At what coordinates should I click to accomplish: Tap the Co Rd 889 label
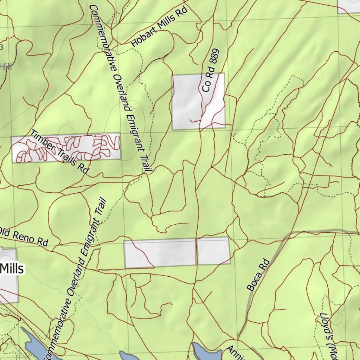click(x=211, y=70)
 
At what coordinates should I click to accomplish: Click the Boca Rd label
click(x=258, y=275)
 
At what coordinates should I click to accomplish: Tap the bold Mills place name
click(x=12, y=269)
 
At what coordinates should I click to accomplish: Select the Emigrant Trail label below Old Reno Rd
click(x=76, y=278)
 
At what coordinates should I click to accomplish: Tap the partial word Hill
click(x=6, y=66)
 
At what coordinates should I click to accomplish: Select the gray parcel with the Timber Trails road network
click(x=66, y=148)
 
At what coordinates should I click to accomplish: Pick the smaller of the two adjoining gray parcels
click(x=213, y=250)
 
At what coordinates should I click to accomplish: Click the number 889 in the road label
click(x=215, y=58)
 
